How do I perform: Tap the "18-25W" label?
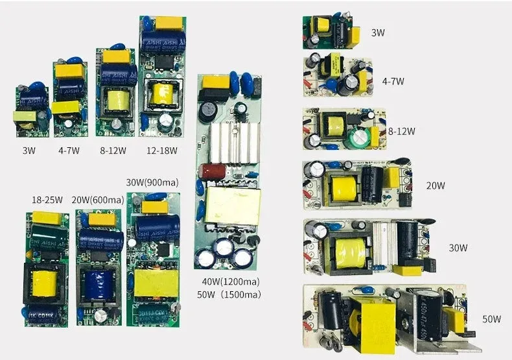coord(46,199)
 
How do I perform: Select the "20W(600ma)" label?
coord(97,199)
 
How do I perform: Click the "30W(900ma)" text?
coord(153,182)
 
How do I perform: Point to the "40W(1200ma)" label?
coord(231,282)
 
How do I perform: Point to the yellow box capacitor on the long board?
coord(215,82)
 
